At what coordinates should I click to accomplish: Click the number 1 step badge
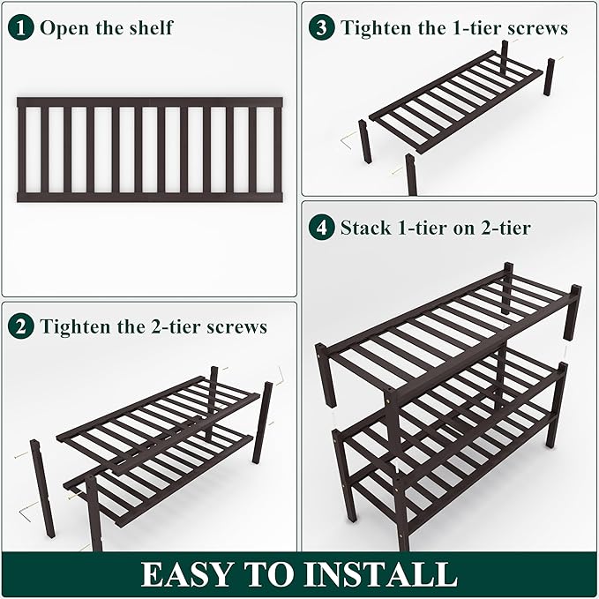pos(24,27)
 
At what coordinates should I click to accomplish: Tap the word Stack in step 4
pos(365,228)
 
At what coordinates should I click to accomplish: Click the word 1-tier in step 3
pos(477,28)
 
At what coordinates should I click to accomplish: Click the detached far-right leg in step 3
pos(549,78)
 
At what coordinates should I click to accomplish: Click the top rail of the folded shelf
pos(150,102)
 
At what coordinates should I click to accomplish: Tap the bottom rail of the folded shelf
pos(150,198)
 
